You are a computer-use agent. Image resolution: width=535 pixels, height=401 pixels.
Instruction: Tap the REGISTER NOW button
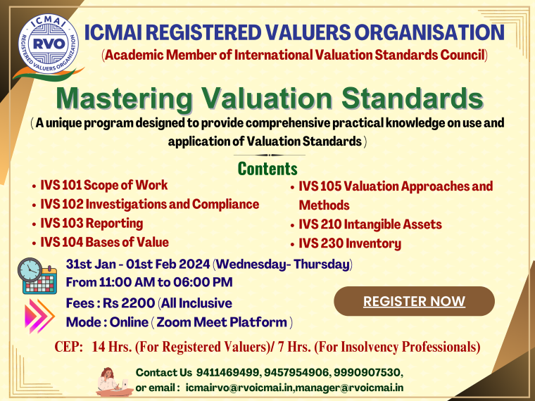click(x=414, y=301)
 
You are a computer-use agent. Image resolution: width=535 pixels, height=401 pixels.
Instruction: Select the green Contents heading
click(x=267, y=169)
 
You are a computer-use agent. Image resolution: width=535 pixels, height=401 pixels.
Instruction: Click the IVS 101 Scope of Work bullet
click(x=103, y=186)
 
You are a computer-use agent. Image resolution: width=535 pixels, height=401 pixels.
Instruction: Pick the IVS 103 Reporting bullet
click(x=92, y=224)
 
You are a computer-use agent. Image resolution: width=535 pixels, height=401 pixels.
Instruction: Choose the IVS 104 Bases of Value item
click(x=104, y=243)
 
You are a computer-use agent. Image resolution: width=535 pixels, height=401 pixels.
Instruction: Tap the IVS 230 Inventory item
click(x=349, y=244)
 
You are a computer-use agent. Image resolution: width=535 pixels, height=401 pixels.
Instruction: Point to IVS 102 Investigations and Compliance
click(x=149, y=205)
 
